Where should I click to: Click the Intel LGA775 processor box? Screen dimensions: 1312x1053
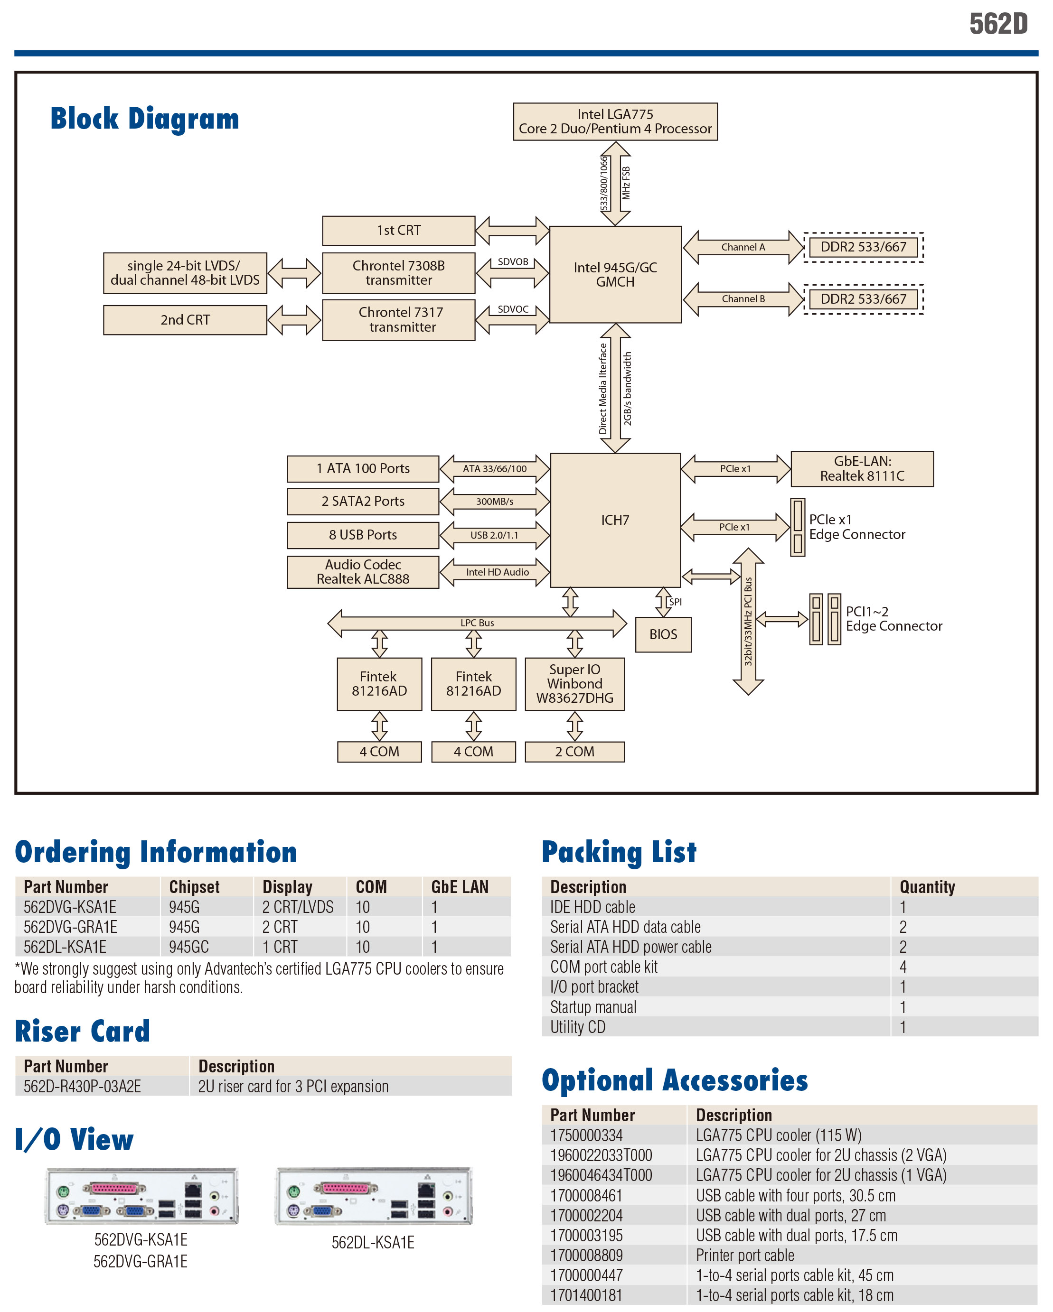615,121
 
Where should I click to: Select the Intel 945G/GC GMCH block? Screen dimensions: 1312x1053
615,274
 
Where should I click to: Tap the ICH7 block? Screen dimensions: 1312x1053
615,520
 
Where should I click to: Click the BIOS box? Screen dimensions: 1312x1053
663,635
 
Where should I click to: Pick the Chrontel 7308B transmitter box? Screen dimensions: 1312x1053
398,273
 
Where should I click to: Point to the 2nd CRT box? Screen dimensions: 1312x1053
185,320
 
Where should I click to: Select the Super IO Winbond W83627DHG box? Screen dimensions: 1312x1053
574,684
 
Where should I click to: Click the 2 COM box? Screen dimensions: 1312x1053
574,752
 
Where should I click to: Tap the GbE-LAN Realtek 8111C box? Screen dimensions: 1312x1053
862,469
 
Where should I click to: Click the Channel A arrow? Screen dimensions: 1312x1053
743,247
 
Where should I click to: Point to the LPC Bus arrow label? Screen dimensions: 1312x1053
477,623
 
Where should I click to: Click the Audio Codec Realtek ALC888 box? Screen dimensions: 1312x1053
363,572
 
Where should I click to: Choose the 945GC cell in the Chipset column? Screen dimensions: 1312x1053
189,948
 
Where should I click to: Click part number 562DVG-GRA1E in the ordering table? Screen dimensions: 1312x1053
71,927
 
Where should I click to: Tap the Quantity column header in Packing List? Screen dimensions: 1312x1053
927,887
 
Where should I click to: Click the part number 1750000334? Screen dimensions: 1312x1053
586,1135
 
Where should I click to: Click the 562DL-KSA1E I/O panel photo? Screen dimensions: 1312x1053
373,1196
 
